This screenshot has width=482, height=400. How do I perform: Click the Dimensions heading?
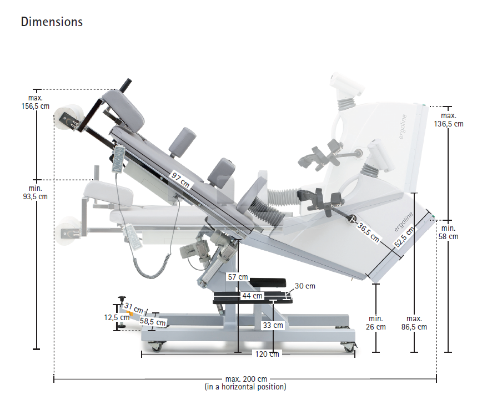52,22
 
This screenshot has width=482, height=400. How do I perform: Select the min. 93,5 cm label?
35,191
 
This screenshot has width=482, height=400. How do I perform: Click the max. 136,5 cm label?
449,120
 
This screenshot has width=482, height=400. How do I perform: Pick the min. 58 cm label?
449,232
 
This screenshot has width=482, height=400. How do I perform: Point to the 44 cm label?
252,296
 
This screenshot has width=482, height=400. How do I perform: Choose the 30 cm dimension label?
305,286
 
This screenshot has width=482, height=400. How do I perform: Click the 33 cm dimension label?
273,325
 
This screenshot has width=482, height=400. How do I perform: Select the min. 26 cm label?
376,323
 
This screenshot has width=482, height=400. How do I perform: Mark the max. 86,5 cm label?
414,323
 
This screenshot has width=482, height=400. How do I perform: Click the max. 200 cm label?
246,379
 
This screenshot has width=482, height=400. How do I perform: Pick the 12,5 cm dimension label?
117,317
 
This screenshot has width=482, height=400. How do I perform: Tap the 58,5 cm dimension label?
153,321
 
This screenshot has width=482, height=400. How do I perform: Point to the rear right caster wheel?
348,347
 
